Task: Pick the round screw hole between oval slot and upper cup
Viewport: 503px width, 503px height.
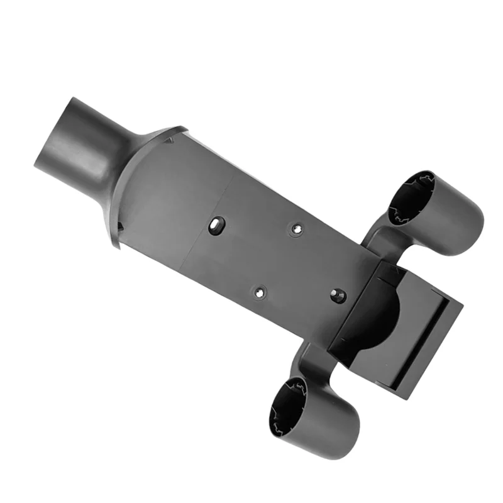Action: coord(295,229)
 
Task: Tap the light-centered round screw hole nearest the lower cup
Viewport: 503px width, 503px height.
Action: coord(258,292)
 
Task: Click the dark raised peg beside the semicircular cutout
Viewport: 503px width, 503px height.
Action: coord(338,294)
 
